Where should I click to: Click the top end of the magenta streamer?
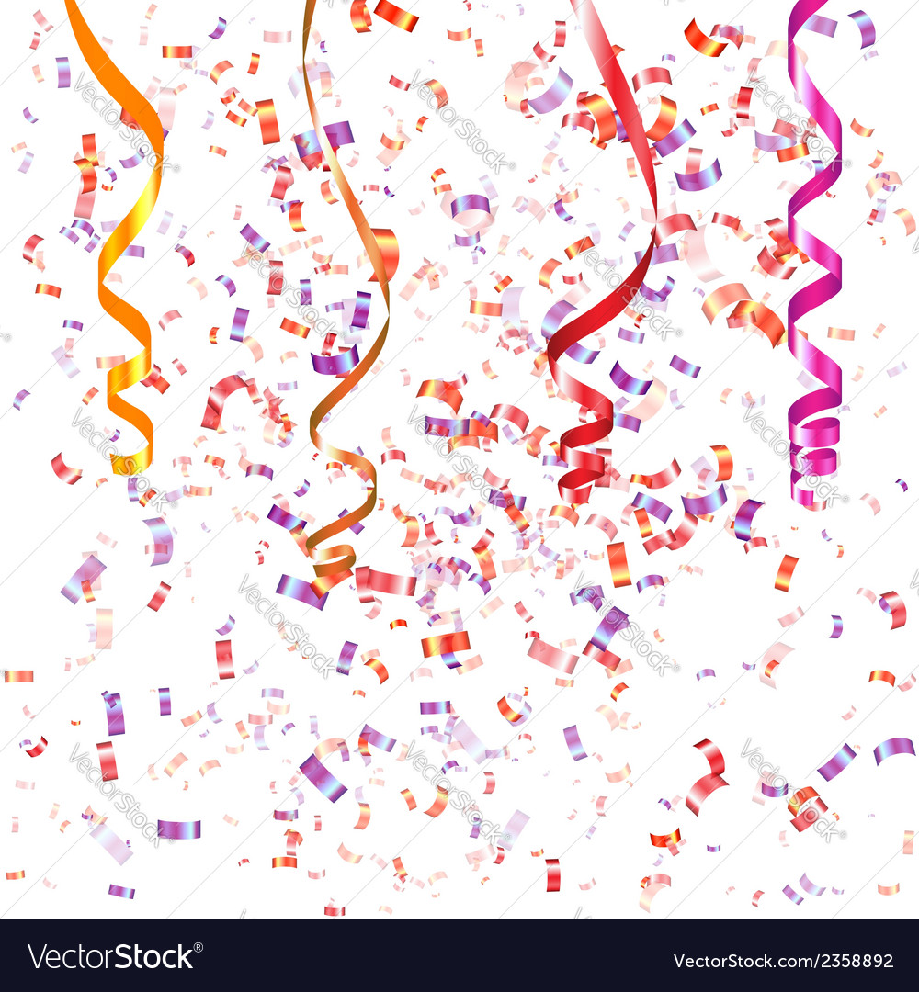tap(810, 6)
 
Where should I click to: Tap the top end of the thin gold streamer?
tap(310, 6)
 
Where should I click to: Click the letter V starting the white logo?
tap(38, 957)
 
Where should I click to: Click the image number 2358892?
tap(854, 961)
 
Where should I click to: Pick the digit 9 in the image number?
tap(875, 961)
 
